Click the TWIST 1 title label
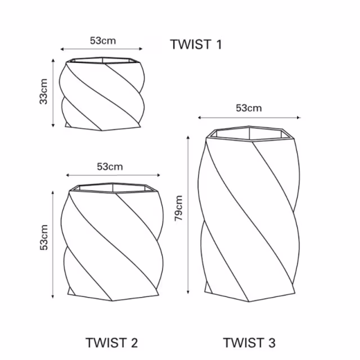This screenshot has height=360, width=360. coord(196,44)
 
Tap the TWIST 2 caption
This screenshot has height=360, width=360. coord(111,342)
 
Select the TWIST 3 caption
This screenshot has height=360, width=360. coord(249,342)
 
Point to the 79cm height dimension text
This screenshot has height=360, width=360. coord(179,209)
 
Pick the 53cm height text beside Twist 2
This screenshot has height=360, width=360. coord(43,238)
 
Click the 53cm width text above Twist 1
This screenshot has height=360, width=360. coord(103,40)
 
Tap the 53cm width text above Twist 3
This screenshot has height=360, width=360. coord(249,108)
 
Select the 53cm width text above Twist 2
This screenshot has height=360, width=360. coord(110,166)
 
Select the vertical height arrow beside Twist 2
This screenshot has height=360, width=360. coord(53,242)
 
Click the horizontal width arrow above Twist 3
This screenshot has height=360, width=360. coord(249,118)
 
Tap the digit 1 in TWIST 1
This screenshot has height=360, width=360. coord(218,44)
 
